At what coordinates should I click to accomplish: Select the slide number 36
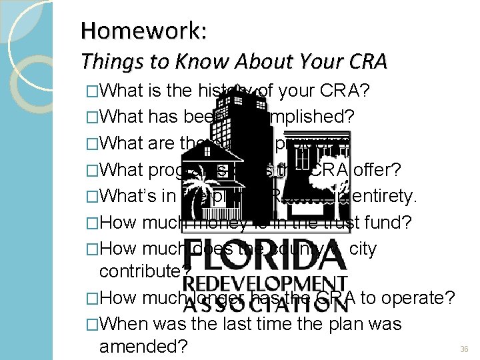464,348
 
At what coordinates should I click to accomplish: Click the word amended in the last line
143,347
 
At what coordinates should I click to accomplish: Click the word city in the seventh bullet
363,249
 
